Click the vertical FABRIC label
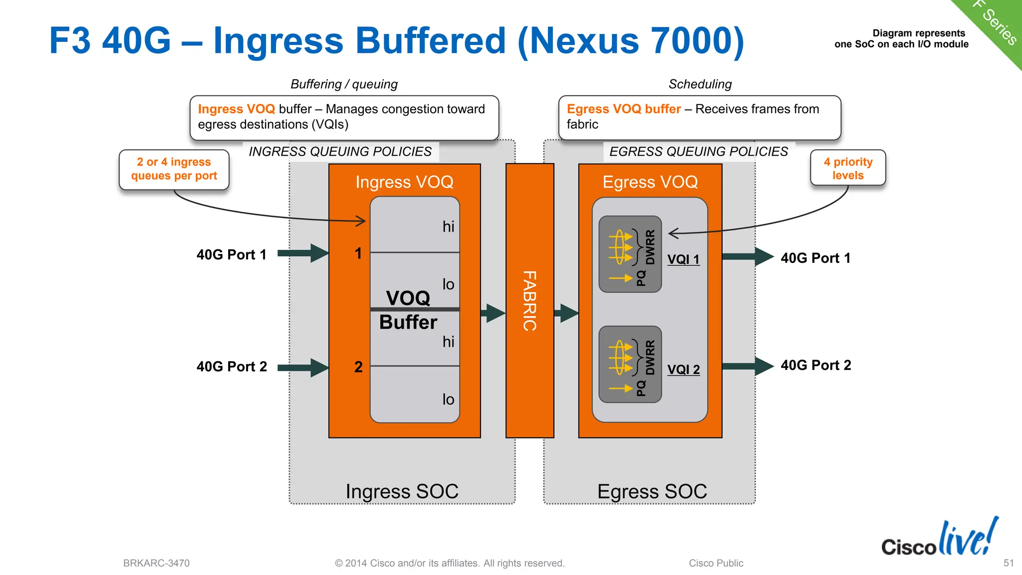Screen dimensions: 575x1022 click(x=529, y=301)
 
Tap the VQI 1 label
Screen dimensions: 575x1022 click(x=683, y=259)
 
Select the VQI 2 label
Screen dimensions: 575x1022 click(x=683, y=370)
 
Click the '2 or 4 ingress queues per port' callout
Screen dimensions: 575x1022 click(x=174, y=169)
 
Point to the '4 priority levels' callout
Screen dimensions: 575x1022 click(x=848, y=169)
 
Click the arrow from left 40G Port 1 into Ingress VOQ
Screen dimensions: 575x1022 click(x=302, y=253)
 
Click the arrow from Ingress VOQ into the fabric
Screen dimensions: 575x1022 click(x=493, y=313)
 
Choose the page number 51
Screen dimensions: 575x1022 click(x=1009, y=563)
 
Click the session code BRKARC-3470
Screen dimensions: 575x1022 click(x=156, y=563)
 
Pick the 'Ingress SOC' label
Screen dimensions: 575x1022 click(x=402, y=491)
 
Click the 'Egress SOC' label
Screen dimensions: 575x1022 click(x=652, y=491)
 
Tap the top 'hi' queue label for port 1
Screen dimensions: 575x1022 click(x=448, y=227)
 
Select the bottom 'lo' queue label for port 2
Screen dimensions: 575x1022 click(x=448, y=399)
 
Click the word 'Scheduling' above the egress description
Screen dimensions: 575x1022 click(x=700, y=84)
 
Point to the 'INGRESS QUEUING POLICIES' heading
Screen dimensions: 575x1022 click(x=340, y=152)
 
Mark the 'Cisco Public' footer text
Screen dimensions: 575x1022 click(x=716, y=563)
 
